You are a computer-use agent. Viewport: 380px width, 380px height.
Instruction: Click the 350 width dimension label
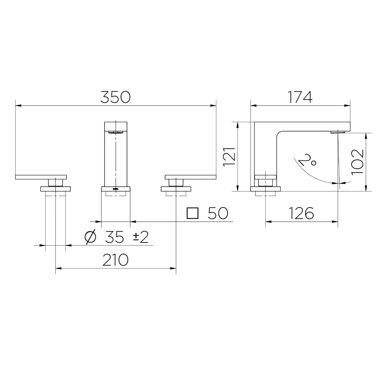point(115,97)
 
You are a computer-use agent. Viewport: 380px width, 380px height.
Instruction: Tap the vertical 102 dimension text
point(358,161)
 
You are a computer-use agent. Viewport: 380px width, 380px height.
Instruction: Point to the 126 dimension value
point(301,214)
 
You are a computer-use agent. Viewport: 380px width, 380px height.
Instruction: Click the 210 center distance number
point(116,260)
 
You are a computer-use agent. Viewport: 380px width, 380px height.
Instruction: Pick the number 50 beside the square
point(218,214)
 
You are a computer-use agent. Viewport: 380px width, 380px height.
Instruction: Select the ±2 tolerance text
point(140,237)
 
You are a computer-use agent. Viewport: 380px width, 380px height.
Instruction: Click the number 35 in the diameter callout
point(114,237)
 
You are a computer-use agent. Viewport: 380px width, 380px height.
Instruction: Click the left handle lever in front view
point(41,177)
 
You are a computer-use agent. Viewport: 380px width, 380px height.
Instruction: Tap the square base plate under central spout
point(116,189)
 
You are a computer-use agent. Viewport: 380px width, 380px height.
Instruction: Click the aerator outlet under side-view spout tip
point(338,132)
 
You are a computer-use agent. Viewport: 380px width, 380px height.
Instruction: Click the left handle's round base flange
point(55,189)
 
